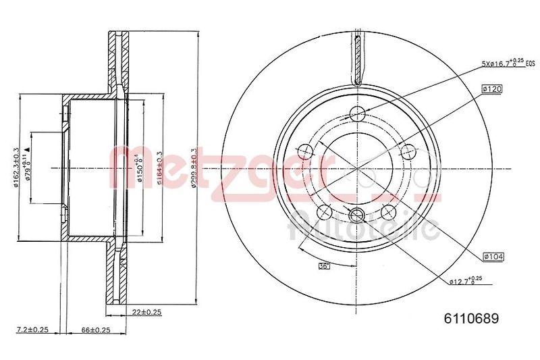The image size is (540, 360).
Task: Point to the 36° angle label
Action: click(x=324, y=266)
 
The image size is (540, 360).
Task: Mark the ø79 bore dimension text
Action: click(x=27, y=166)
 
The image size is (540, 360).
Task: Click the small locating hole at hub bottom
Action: click(x=358, y=215)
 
